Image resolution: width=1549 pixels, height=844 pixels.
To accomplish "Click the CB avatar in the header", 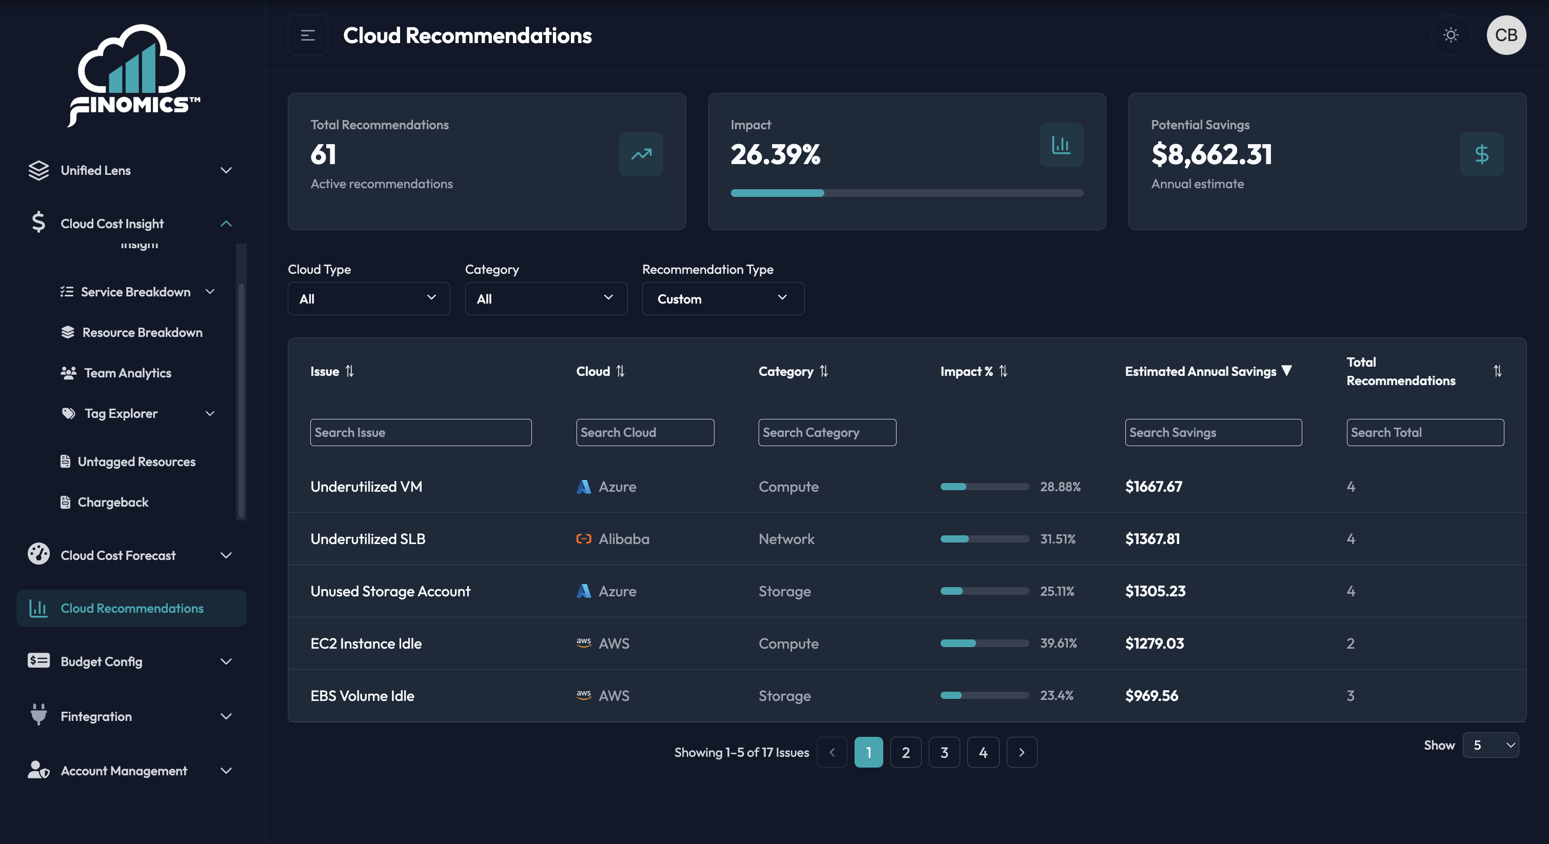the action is coord(1506,35).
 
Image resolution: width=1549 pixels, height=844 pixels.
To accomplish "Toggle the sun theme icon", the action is coord(1451,35).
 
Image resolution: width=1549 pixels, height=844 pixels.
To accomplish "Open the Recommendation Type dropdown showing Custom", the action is coord(723,299).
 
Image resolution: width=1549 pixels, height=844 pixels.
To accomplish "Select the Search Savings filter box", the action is coord(1214,432).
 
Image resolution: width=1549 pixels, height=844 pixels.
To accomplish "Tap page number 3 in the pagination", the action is coord(944,752).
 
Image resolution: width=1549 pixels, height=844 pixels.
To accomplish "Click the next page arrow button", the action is coord(1022,752).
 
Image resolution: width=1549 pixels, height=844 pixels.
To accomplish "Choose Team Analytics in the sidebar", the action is coord(128,373).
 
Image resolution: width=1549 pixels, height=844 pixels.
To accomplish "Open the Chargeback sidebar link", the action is coord(113,502).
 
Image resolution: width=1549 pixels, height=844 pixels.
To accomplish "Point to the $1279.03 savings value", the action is coord(1155,643).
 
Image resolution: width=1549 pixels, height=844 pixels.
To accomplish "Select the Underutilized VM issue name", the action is coord(366,486).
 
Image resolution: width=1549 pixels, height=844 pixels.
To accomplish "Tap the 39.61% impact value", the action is coord(1058,643).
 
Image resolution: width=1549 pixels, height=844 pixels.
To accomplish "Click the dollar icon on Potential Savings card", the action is coord(1482,154).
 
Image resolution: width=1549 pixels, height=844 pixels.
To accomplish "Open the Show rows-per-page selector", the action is coord(1491,745).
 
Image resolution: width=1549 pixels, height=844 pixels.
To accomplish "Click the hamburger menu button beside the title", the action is coord(308,35).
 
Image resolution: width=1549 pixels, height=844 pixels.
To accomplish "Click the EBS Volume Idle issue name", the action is coord(363,695).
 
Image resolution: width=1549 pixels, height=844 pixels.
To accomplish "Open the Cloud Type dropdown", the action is coord(369,299).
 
